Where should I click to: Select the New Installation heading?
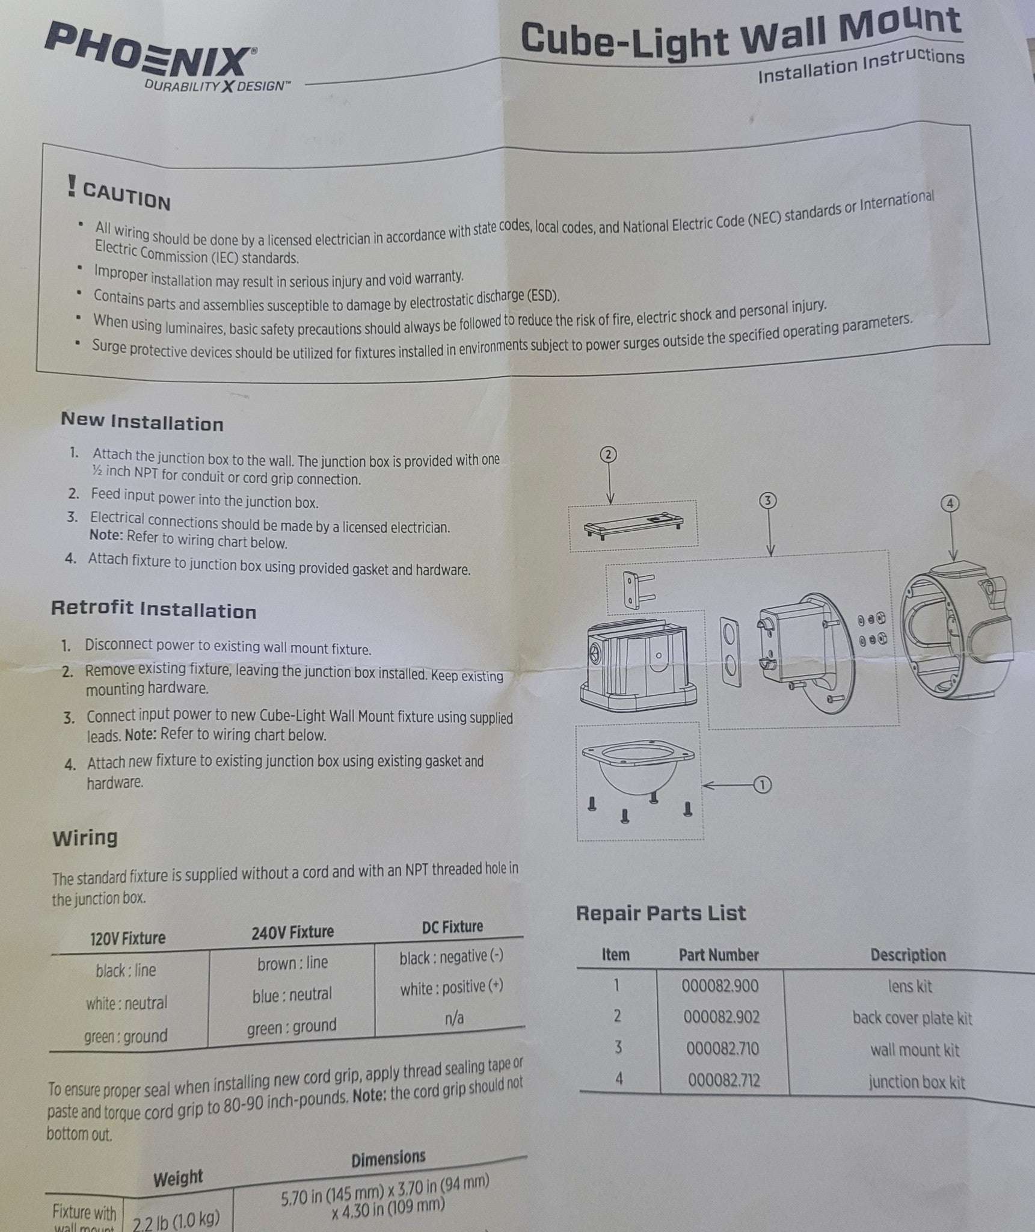pyautogui.click(x=142, y=422)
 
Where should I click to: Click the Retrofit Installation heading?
pyautogui.click(x=154, y=609)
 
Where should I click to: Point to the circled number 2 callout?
pyautogui.click(x=608, y=454)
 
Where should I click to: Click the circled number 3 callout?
pyautogui.click(x=768, y=500)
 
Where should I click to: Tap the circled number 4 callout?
pyautogui.click(x=950, y=503)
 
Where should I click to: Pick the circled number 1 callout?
pyautogui.click(x=762, y=784)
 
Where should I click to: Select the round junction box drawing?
pyautogui.click(x=957, y=634)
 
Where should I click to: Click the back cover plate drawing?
pyautogui.click(x=632, y=524)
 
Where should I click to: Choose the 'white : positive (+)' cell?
pyautogui.click(x=452, y=988)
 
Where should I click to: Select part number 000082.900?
pyautogui.click(x=720, y=985)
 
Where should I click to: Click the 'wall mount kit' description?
pyautogui.click(x=914, y=1050)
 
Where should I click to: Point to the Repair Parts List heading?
pyautogui.click(x=661, y=913)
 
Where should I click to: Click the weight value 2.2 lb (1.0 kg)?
pyautogui.click(x=176, y=1219)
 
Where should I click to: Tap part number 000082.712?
pyautogui.click(x=724, y=1080)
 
